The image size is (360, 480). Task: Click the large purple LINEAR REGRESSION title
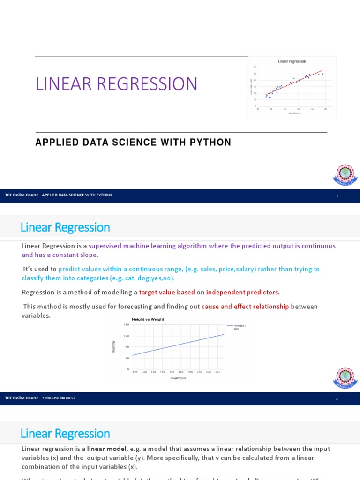click(117, 84)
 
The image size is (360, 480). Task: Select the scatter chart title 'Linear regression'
click(292, 61)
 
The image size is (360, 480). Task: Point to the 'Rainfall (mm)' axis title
click(295, 113)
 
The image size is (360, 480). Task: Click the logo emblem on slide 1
click(345, 174)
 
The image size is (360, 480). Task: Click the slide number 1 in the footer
click(337, 196)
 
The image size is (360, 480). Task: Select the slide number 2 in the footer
click(337, 399)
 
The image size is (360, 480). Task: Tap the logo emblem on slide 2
click(345, 378)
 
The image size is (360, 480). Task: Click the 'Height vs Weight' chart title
click(148, 319)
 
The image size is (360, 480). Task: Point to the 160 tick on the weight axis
click(126, 324)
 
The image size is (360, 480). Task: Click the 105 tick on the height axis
click(135, 372)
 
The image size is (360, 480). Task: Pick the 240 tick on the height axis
click(217, 372)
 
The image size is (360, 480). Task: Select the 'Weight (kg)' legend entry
click(239, 327)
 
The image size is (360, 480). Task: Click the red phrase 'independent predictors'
click(242, 292)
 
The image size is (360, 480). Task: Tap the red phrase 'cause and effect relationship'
click(245, 307)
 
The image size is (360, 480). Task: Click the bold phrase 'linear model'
click(107, 449)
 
